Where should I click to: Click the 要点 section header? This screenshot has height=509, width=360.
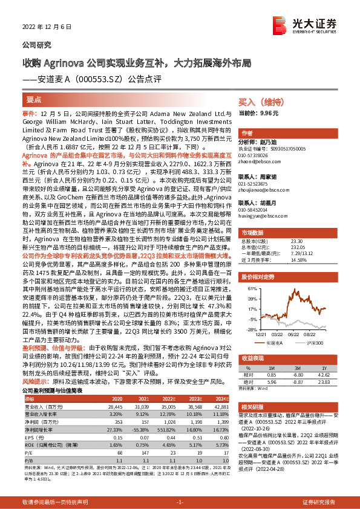click(34, 99)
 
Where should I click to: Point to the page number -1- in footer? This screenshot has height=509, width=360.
click(180, 502)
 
